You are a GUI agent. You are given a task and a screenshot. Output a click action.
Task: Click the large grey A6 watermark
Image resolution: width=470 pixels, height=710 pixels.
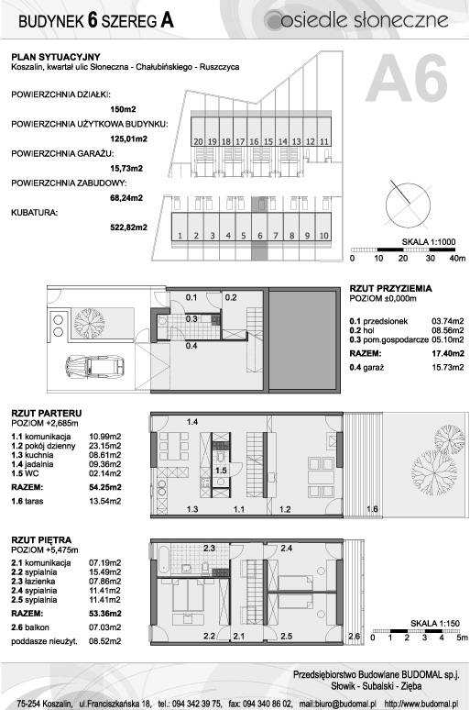(x=407, y=79)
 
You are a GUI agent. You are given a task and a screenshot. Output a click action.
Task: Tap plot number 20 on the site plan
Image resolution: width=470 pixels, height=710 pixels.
(x=198, y=142)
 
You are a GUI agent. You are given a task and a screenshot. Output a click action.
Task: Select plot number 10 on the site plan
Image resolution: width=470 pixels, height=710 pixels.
(x=323, y=236)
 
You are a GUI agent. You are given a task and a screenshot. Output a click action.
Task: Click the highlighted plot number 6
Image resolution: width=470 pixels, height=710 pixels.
(x=259, y=236)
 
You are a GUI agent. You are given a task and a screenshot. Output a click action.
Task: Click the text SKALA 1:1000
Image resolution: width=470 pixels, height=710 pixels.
(x=429, y=242)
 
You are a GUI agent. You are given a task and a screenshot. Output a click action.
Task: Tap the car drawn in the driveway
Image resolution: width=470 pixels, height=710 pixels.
(x=94, y=366)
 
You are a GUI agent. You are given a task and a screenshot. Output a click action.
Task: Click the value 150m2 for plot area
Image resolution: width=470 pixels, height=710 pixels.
(x=123, y=109)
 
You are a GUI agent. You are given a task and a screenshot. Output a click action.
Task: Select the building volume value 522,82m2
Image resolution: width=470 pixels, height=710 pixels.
(x=129, y=227)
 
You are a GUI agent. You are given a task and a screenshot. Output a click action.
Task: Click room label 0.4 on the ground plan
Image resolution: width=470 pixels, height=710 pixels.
(x=191, y=346)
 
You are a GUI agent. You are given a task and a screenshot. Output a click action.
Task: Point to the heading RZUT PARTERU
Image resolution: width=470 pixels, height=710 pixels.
(x=47, y=413)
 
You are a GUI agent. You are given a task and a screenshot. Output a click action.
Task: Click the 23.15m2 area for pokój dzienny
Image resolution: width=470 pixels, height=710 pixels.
(x=105, y=446)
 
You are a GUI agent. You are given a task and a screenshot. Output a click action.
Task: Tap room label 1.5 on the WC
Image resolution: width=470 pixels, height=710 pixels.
(x=221, y=471)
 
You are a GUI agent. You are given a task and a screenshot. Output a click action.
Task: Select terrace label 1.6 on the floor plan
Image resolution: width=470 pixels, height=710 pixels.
(x=372, y=509)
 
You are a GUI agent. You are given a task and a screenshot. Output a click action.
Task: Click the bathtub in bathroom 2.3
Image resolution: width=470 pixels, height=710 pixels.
(x=163, y=559)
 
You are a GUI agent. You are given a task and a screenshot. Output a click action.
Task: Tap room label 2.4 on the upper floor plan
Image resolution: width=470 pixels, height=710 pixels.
(x=287, y=548)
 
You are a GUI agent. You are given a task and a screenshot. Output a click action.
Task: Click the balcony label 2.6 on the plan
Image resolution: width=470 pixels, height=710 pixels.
(x=355, y=637)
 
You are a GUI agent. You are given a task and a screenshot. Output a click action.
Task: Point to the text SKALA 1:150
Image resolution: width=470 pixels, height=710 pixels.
(x=434, y=624)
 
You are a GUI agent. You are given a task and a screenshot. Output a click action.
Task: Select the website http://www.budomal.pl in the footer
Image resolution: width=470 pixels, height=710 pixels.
(x=421, y=704)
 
